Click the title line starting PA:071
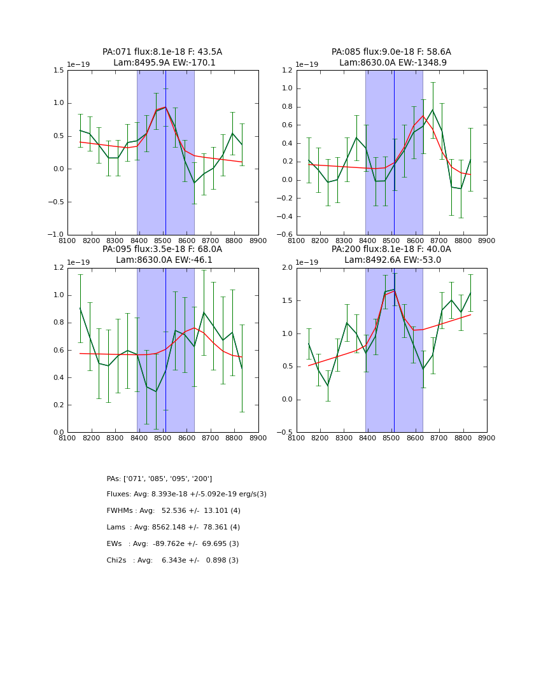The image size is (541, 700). [x=162, y=52]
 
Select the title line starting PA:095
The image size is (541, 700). [x=162, y=249]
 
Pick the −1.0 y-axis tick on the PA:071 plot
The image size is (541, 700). [x=56, y=235]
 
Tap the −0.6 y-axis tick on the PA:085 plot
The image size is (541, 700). [x=285, y=235]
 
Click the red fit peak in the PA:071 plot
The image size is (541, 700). [x=165, y=107]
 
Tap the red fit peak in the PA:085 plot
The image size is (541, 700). [x=423, y=116]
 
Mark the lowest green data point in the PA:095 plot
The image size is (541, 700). [x=156, y=391]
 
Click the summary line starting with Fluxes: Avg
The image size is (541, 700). [x=186, y=494]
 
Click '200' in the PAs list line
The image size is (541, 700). [x=202, y=479]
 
